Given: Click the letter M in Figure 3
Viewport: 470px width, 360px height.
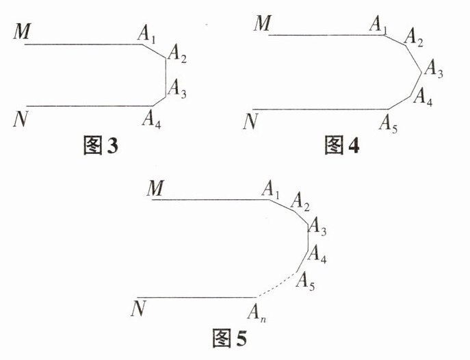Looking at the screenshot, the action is pos(19,30).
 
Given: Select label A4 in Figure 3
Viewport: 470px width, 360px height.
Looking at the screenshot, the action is pos(151,118).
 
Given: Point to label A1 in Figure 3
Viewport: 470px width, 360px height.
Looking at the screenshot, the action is pos(146,32).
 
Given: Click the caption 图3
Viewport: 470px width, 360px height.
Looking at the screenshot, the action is pos(100,145).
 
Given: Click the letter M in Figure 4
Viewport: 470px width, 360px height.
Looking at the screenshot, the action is pos(262,23).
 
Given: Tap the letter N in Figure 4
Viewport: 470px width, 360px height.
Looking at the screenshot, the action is pos(252,121).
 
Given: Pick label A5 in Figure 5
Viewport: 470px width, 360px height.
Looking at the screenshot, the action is pos(305,282).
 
